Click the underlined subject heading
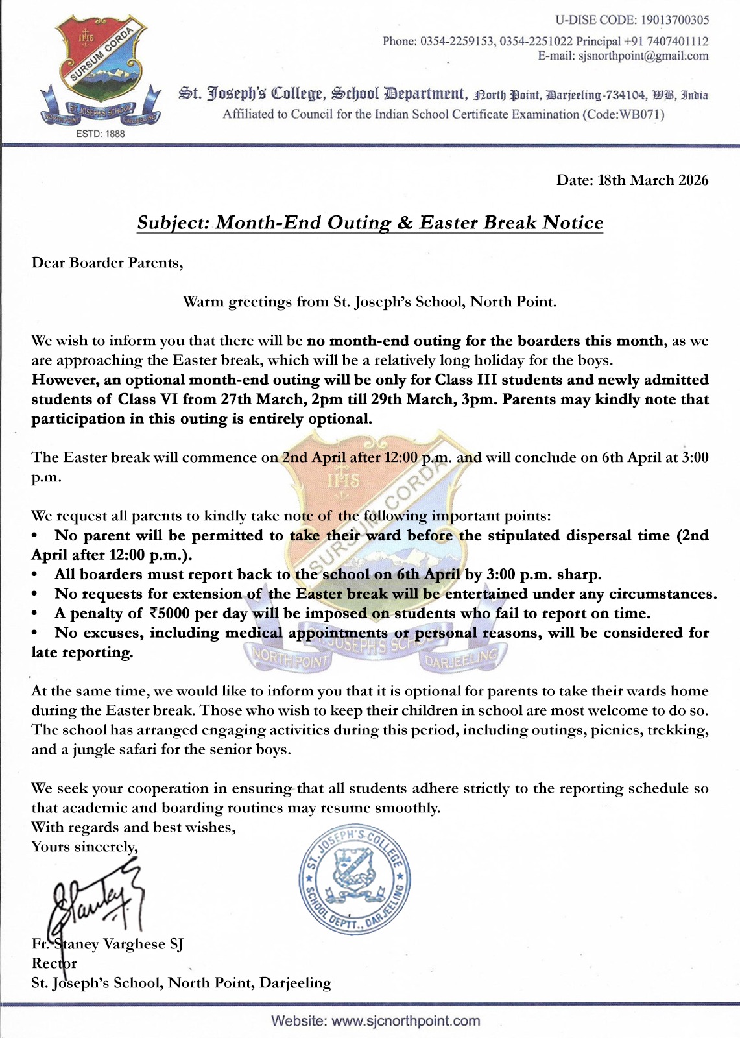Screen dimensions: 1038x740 (370, 223)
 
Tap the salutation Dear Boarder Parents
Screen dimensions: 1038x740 (107, 263)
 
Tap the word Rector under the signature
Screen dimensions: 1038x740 (54, 963)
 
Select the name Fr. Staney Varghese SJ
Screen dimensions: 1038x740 (108, 944)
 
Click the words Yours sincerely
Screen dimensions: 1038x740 (84, 847)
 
